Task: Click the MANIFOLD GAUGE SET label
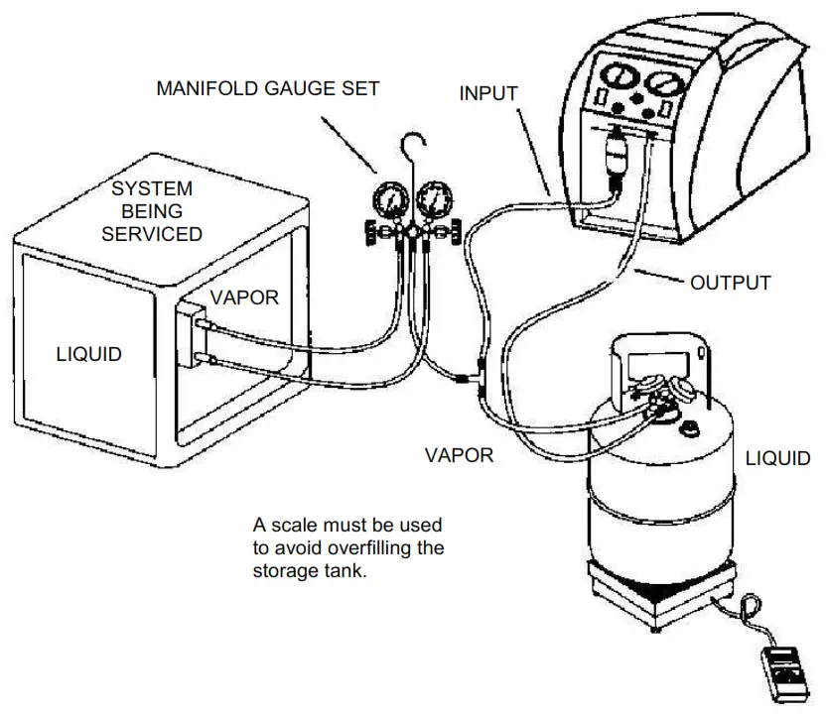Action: (268, 88)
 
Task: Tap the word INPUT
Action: (487, 94)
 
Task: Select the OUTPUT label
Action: (731, 283)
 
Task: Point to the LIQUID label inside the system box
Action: (88, 353)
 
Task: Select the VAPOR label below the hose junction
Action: (459, 455)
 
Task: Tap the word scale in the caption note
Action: (298, 523)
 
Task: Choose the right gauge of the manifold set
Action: (433, 202)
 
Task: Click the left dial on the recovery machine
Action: (616, 81)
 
